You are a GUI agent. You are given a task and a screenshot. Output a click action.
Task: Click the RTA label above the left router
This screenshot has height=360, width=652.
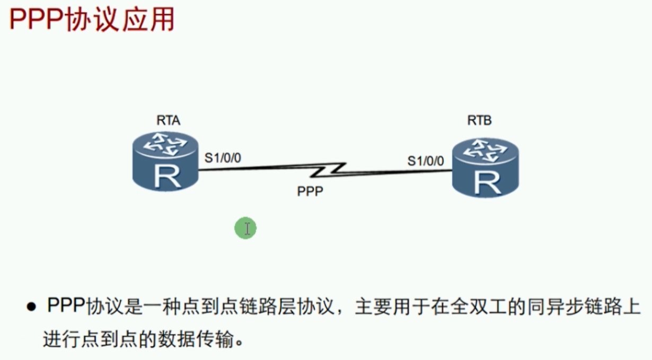(x=168, y=120)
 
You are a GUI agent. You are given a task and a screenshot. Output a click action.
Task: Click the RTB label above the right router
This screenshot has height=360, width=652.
(x=479, y=120)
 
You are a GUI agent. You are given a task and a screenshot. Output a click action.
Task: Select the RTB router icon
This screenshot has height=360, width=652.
(x=484, y=167)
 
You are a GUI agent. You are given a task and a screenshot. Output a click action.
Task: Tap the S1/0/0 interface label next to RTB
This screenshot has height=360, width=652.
(x=426, y=161)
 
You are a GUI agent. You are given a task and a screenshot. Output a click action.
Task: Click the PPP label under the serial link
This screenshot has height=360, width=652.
(x=310, y=191)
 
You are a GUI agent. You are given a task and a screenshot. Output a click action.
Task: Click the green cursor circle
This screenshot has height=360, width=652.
(x=245, y=229)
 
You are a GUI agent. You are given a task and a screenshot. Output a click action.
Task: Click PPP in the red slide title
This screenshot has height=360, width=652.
(x=35, y=21)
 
